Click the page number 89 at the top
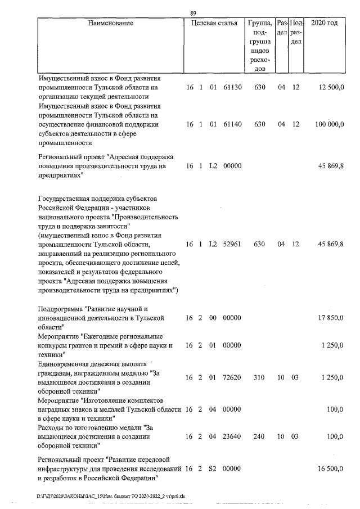pyautogui.click(x=193, y=13)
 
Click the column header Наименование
pyautogui.click(x=111, y=24)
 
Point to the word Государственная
pyautogui.click(x=65, y=199)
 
